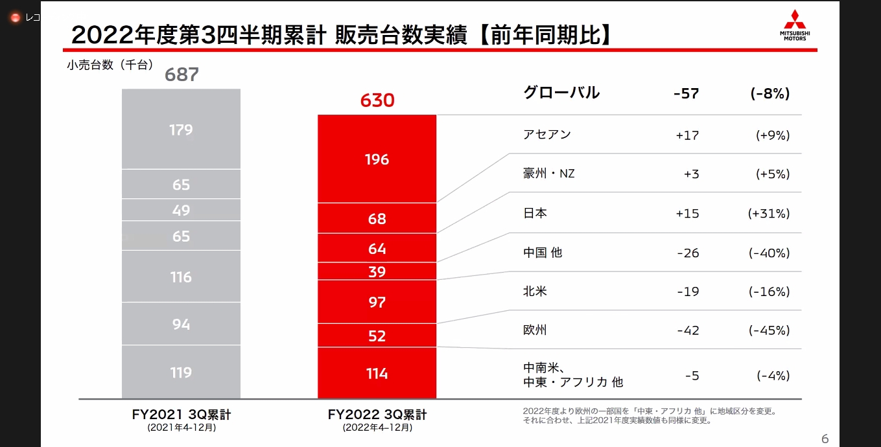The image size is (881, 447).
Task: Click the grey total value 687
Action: point(182,74)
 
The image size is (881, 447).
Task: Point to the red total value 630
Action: point(377,100)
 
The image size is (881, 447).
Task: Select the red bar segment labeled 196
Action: point(377,159)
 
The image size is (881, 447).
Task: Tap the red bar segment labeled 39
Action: point(377,271)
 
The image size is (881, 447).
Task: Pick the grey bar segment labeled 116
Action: point(181,277)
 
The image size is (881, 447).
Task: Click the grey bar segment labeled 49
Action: point(181,210)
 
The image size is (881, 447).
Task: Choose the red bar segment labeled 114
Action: point(377,373)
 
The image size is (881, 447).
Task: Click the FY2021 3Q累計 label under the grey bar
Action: point(181,415)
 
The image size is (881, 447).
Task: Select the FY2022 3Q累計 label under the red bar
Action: point(377,415)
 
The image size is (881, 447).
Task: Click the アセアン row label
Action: point(546,135)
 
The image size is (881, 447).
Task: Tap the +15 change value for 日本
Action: point(687,213)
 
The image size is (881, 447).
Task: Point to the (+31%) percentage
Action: point(769,213)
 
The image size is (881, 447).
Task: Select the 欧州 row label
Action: point(535,330)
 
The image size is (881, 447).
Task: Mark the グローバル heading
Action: point(561,93)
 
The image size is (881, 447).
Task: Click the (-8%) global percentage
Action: point(770,93)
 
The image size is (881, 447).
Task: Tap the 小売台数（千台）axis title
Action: point(110,64)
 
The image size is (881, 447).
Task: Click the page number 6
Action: point(825,439)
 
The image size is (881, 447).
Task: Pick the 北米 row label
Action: point(535,292)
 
